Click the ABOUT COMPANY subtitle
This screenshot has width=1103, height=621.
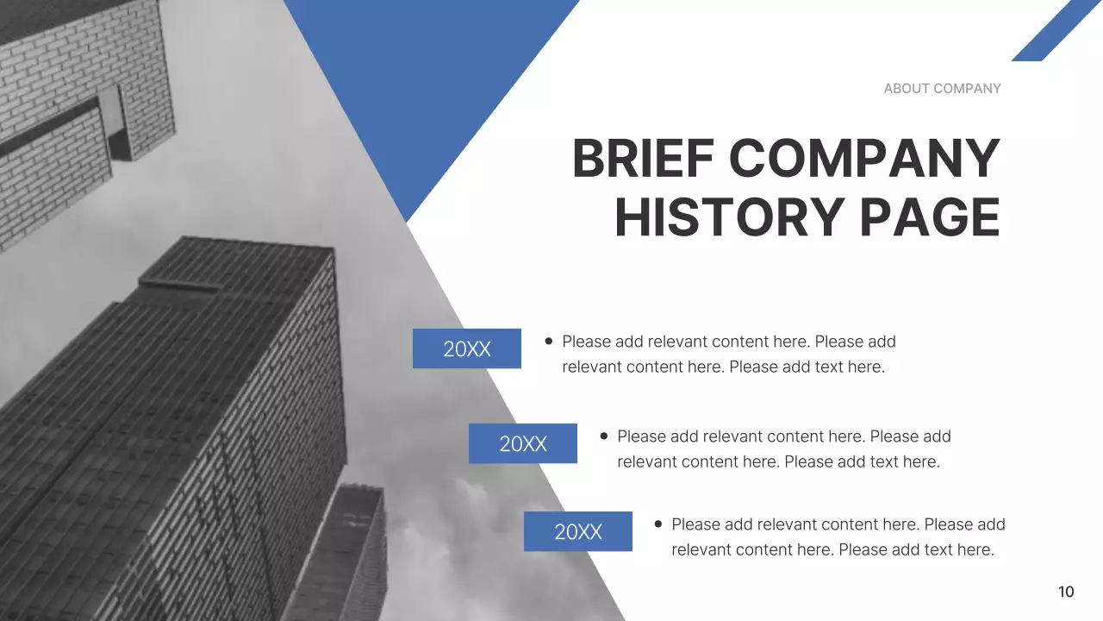(x=942, y=88)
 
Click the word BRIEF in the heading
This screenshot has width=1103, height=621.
(x=642, y=159)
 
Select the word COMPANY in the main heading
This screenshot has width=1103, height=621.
(x=864, y=159)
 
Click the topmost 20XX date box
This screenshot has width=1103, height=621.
(x=467, y=348)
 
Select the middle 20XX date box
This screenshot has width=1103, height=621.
(x=523, y=443)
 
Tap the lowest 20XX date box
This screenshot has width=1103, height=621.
(x=578, y=531)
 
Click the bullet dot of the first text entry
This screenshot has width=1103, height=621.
(x=549, y=341)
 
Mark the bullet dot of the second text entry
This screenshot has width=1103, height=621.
(x=604, y=436)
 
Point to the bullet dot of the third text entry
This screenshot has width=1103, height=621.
(x=658, y=524)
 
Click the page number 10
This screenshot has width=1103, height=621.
(x=1066, y=592)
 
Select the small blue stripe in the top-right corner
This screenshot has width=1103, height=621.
(x=1056, y=32)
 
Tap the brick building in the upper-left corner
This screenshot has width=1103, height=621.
(x=78, y=112)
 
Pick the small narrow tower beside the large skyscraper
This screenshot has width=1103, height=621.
(x=349, y=552)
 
